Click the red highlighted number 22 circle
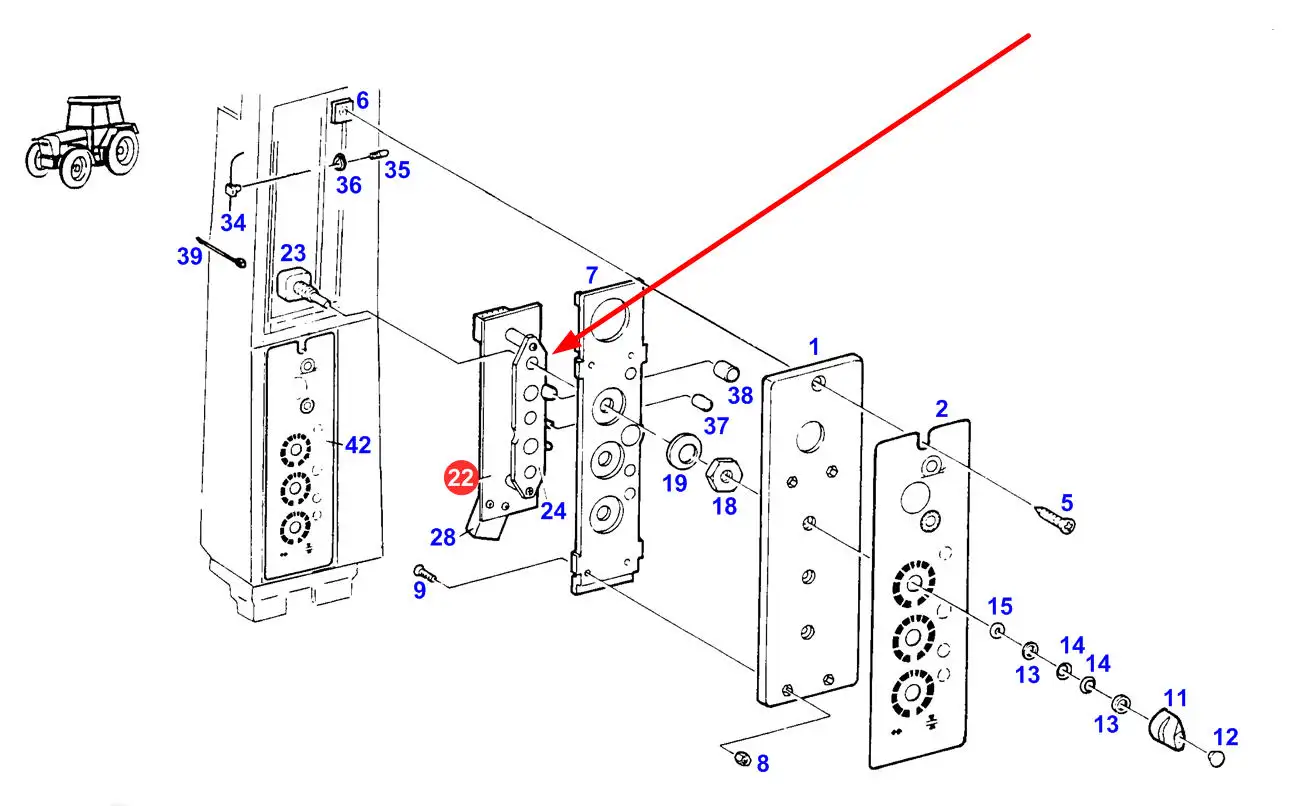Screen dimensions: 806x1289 (461, 478)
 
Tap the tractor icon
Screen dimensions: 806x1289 (83, 141)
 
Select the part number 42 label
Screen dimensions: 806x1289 (357, 445)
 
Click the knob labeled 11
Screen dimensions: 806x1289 (1165, 727)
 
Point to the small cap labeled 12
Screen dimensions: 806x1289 (1216, 760)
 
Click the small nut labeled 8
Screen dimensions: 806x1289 (741, 759)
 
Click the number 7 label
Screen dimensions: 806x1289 (592, 274)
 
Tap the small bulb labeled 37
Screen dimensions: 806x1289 (701, 402)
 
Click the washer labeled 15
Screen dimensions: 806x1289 (998, 632)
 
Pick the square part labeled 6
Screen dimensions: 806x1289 (342, 109)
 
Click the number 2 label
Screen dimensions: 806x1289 (941, 408)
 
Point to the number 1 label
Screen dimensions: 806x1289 (814, 347)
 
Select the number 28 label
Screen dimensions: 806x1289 (443, 537)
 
